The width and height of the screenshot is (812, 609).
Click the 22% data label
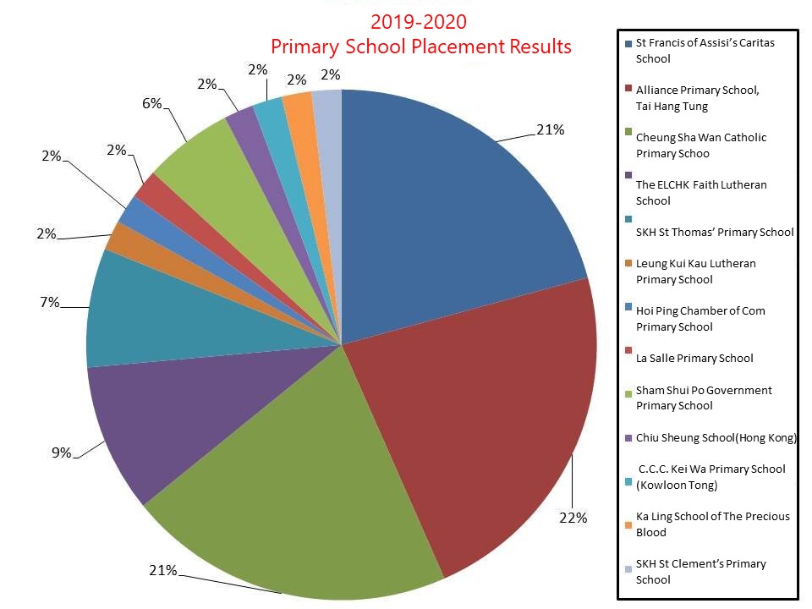(573, 518)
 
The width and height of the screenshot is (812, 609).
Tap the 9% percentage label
(61, 453)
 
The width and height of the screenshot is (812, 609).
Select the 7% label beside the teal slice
(49, 302)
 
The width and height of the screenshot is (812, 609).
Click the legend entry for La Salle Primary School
(694, 358)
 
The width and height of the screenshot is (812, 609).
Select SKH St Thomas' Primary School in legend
(715, 232)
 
